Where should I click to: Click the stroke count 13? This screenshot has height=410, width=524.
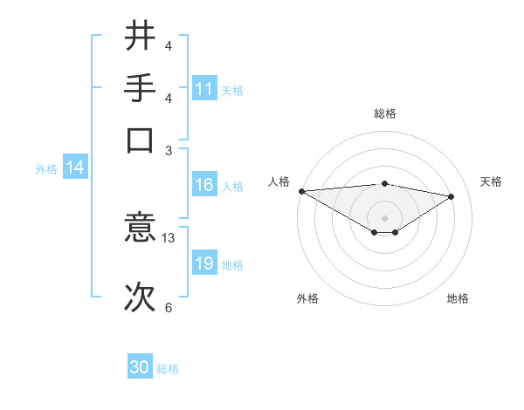click(169, 237)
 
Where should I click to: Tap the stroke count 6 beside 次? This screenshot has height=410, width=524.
click(169, 306)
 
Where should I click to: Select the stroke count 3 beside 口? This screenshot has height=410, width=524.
click(169, 149)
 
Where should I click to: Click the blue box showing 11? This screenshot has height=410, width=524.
click(204, 89)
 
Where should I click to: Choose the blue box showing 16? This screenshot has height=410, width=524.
click(204, 185)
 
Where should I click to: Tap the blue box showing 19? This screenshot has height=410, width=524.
click(204, 263)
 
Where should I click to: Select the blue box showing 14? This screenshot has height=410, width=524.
click(75, 168)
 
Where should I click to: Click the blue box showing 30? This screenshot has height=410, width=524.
click(140, 367)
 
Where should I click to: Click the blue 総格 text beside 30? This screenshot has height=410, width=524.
click(168, 369)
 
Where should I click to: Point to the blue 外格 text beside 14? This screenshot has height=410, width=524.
click(46, 169)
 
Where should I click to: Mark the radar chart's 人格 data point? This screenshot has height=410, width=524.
click(301, 191)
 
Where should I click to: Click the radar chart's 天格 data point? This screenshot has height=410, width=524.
click(452, 196)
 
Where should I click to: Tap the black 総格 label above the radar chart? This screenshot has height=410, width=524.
click(384, 113)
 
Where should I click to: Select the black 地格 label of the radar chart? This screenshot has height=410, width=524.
click(458, 298)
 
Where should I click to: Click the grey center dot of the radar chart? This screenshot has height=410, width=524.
click(384, 216)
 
